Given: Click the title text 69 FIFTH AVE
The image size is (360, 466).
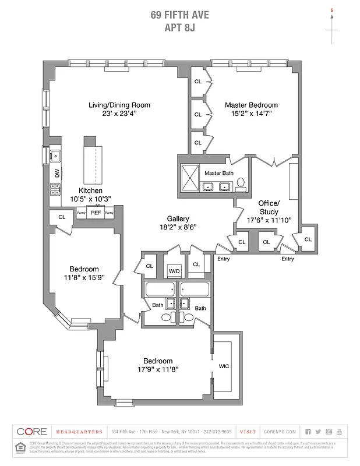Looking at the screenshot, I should coord(179,15).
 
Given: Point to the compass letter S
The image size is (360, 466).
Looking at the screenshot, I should coord(332,10).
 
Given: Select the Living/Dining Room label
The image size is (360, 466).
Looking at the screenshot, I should coord(119,105).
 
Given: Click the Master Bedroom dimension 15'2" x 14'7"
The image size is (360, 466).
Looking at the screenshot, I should coord(252,115).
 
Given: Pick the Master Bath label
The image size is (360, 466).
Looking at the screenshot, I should coord(218,173).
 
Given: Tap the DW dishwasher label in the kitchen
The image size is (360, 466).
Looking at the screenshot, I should coord(57,173).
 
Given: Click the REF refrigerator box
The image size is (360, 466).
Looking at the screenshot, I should coord(96,213).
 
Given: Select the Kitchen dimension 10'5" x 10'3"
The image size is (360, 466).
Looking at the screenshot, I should coord(90,199).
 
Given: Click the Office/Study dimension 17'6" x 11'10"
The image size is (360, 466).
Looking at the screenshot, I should coord(269,221).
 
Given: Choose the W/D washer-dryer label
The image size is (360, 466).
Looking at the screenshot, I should coord(174,271).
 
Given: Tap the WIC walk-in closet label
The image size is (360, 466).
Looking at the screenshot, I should coord(224,366).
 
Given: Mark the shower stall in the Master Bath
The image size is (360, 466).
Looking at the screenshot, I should coord(190,179).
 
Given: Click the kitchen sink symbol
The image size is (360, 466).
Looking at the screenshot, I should coord(55,156).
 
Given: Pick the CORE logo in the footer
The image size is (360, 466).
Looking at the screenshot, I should coord(31,432).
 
